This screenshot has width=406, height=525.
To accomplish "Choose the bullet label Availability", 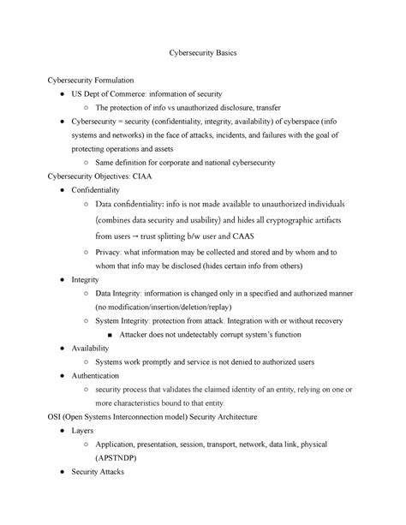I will (x=93, y=348).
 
